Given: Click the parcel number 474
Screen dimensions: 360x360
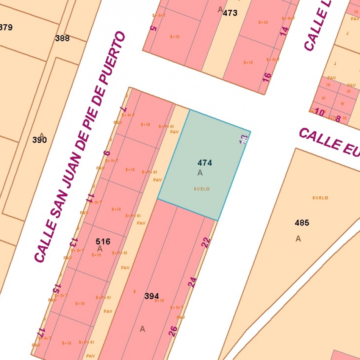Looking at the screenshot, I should (x=205, y=163).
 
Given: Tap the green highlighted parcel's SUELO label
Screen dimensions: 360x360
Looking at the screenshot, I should (x=202, y=189).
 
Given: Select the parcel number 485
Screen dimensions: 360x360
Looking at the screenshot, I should (x=302, y=223).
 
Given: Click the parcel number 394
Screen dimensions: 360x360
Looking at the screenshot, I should (x=152, y=296).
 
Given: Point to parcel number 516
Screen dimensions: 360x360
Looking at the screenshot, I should (x=103, y=241).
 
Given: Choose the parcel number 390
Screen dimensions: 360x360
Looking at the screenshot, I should (x=39, y=140).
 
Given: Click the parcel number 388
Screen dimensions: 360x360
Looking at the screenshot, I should (x=62, y=38).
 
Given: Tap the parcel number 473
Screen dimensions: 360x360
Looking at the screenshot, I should (x=230, y=13).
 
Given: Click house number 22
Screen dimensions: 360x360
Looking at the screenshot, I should (x=206, y=243).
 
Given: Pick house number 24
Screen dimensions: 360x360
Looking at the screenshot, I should (x=193, y=282).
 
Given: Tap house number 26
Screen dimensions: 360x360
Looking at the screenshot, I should (x=173, y=332).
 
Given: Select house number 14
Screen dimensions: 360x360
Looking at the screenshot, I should (x=284, y=31).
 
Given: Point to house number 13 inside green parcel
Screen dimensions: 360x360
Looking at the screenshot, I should (x=244, y=139).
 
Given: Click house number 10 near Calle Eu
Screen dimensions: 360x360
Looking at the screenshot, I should (x=319, y=113).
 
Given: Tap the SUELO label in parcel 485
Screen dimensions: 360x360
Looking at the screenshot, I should (x=320, y=198).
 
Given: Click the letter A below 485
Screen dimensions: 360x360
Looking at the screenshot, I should (x=298, y=239).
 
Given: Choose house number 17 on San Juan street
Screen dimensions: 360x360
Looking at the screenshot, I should (x=41, y=332).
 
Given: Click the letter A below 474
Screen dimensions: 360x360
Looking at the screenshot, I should (x=200, y=173).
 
